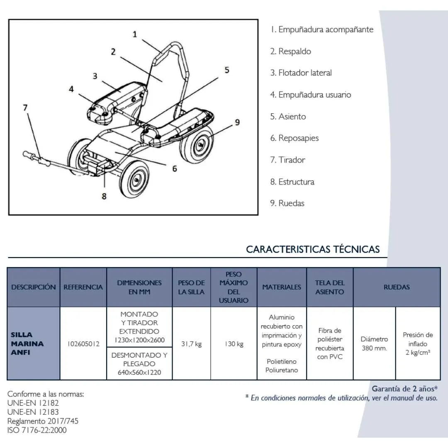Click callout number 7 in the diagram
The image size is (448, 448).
[25, 108]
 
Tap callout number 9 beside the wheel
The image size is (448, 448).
[237, 122]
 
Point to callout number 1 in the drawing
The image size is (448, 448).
[135, 34]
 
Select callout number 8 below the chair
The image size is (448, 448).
[104, 196]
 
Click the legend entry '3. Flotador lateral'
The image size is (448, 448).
[301, 73]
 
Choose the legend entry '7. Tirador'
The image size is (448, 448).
[287, 160]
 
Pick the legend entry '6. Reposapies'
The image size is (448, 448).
[294, 138]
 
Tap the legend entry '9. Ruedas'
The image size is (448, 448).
[287, 203]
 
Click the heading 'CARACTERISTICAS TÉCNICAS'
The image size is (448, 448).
[313, 249]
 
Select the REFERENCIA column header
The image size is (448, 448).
[83, 287]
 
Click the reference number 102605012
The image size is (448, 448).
[83, 344]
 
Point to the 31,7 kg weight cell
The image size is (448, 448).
[191, 344]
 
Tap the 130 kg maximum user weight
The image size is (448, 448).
[234, 344]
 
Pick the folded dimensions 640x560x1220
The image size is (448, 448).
[139, 372]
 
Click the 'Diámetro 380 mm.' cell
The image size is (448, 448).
[374, 343]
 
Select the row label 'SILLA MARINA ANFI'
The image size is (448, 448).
[27, 343]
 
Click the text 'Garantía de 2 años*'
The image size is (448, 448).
[404, 389]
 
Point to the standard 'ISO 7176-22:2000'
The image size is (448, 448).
[37, 430]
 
